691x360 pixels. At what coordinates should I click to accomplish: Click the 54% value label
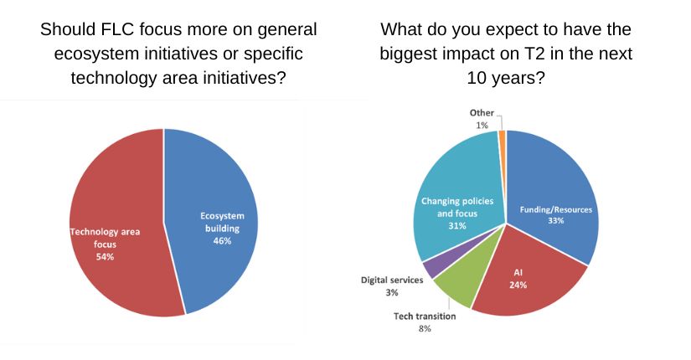tap(104, 256)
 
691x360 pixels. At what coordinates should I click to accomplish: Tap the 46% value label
tap(222, 240)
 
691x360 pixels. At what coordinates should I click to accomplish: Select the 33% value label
tap(557, 221)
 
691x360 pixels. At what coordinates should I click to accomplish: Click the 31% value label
tap(457, 224)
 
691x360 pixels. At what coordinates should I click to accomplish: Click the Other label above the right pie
tap(482, 113)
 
